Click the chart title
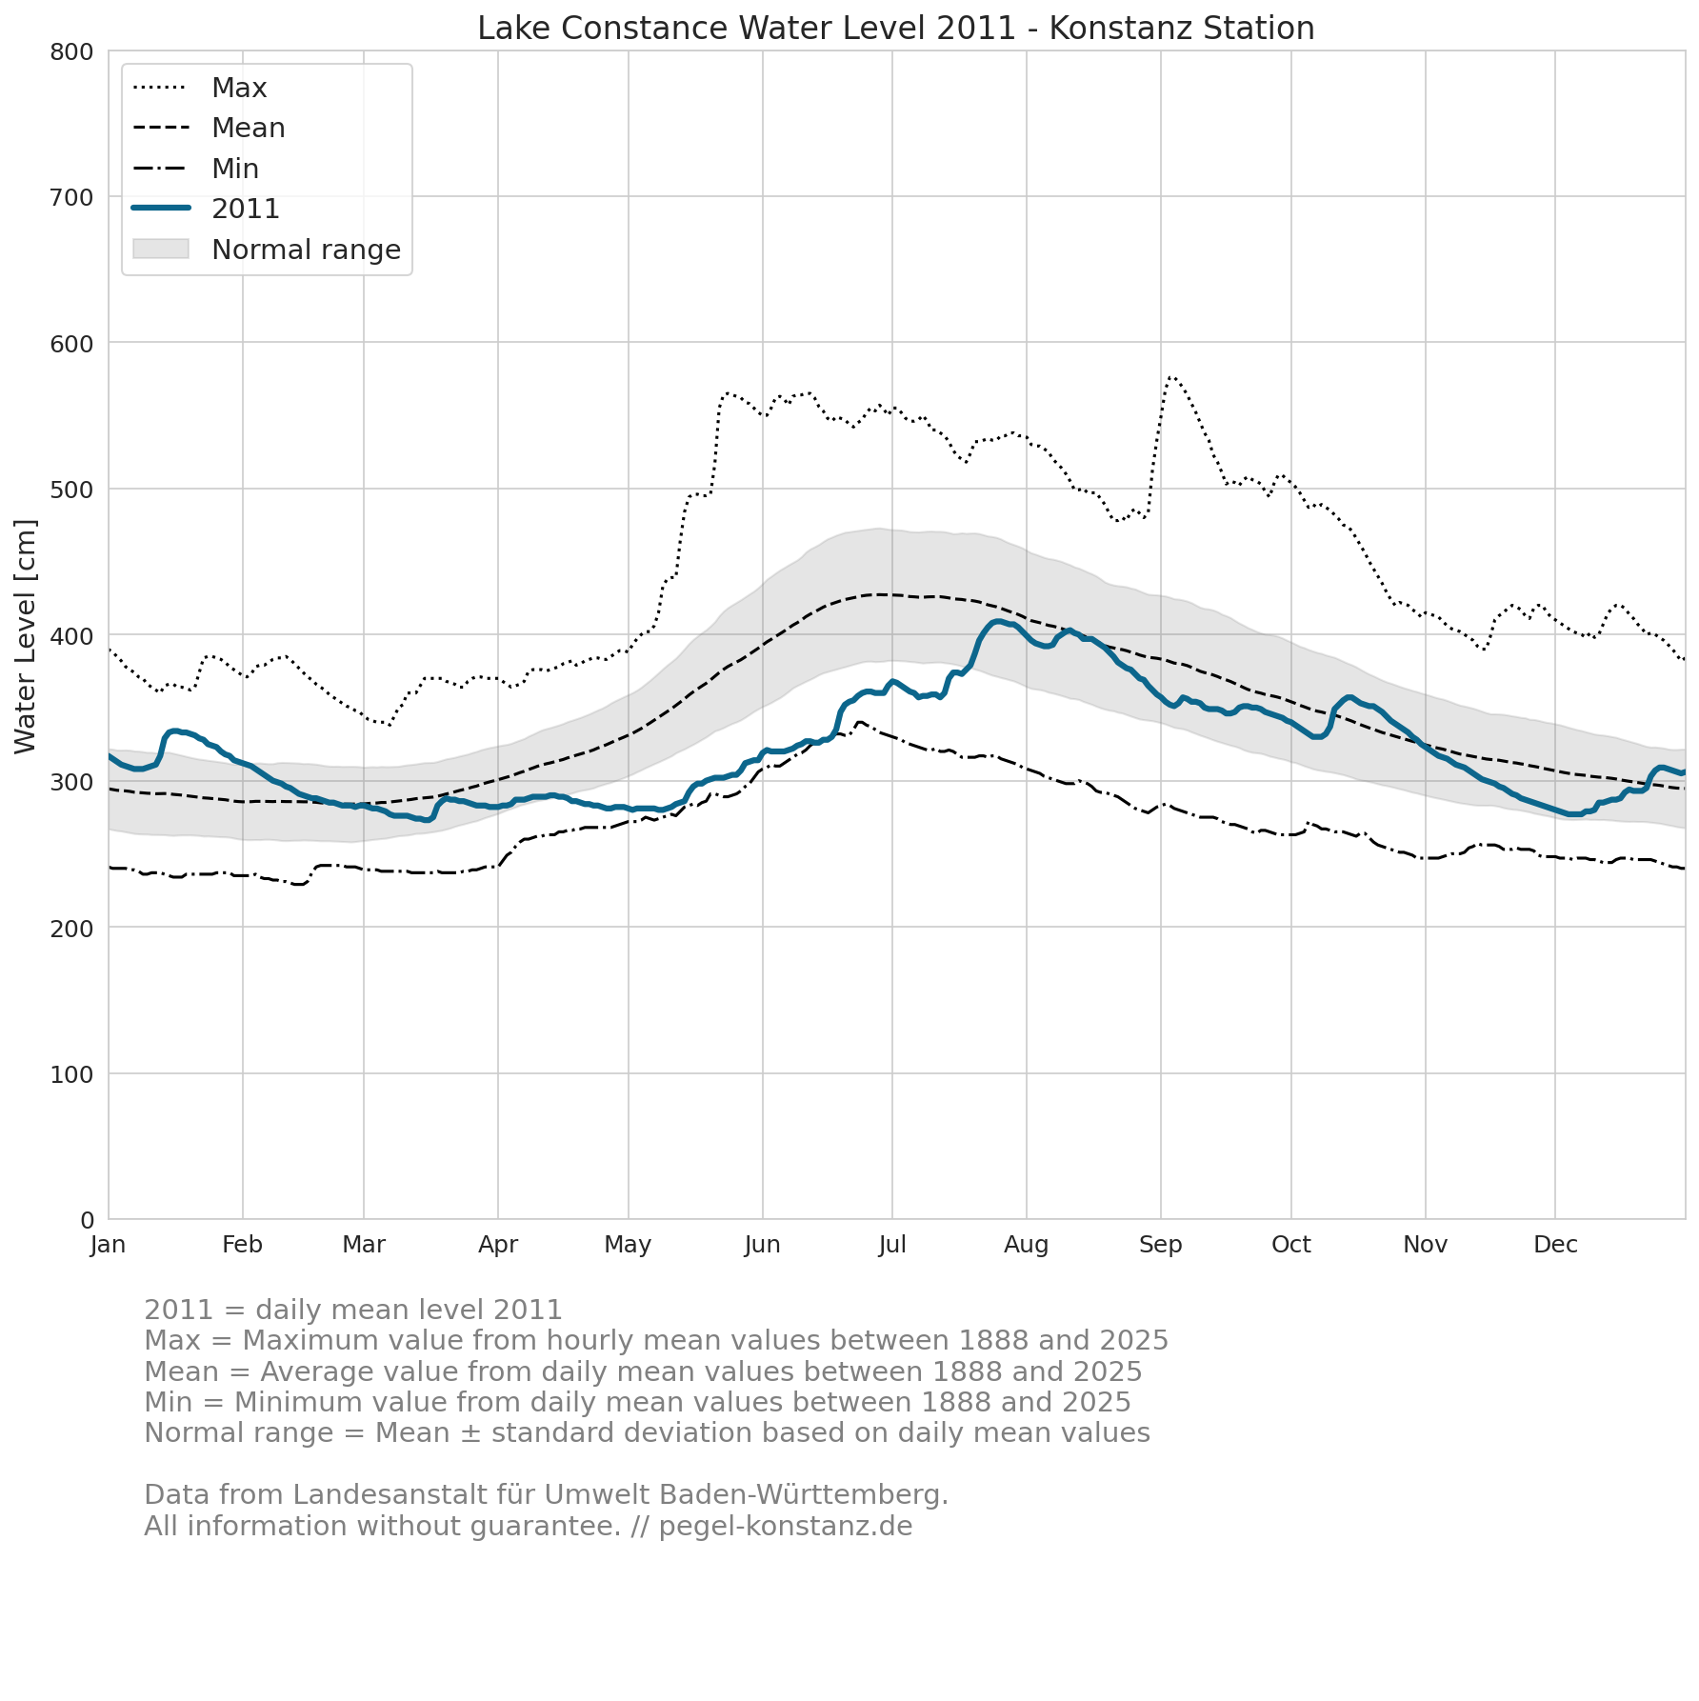895,29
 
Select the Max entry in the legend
200,88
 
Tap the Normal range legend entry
267,250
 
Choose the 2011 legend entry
206,209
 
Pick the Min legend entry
195,169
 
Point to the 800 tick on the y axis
71,51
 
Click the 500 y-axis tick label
71,490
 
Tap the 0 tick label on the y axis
88,1220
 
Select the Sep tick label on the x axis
1161,1245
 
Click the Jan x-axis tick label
109,1245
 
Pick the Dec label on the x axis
1555,1245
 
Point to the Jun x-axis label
762,1245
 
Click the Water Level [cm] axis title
26,636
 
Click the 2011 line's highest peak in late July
997,622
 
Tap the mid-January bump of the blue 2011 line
173,730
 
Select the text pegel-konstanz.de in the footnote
786,1527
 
